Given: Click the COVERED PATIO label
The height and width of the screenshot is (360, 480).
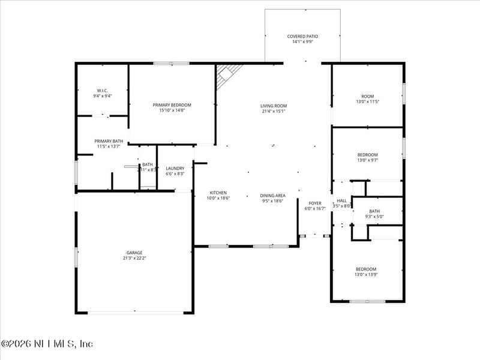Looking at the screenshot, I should click(302, 36).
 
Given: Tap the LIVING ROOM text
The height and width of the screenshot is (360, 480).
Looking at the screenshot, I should click(274, 106).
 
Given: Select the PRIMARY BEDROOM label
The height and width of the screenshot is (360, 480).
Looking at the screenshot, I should click(172, 105).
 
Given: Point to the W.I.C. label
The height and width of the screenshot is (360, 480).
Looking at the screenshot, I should click(102, 91).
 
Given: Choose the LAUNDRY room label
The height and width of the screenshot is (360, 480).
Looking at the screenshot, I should click(175, 168).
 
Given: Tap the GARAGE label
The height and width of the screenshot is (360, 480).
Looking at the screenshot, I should click(134, 253).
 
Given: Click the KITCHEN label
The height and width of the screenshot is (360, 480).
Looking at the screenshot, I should click(218, 193).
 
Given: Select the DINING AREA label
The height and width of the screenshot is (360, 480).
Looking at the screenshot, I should click(272, 196).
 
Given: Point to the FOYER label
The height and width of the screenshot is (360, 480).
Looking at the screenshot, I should click(315, 203).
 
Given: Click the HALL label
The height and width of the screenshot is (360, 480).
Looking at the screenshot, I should click(341, 200).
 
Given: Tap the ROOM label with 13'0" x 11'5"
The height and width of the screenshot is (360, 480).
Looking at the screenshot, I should click(367, 96).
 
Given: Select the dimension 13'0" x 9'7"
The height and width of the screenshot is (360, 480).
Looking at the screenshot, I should click(367, 160).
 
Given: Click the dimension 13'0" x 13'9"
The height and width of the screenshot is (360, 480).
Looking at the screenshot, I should click(366, 274).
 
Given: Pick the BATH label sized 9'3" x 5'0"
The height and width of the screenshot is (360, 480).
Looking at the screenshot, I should click(374, 211).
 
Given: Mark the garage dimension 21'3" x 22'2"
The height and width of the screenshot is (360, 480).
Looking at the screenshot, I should click(134, 258).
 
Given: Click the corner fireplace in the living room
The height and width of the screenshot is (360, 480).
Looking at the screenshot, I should click(228, 75).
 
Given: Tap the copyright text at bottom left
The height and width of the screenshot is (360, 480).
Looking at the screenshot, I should click(47, 344).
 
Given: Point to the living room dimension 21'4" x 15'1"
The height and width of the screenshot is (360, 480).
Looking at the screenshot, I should click(274, 111).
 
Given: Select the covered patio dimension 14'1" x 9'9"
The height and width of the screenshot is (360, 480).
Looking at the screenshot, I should click(302, 42).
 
